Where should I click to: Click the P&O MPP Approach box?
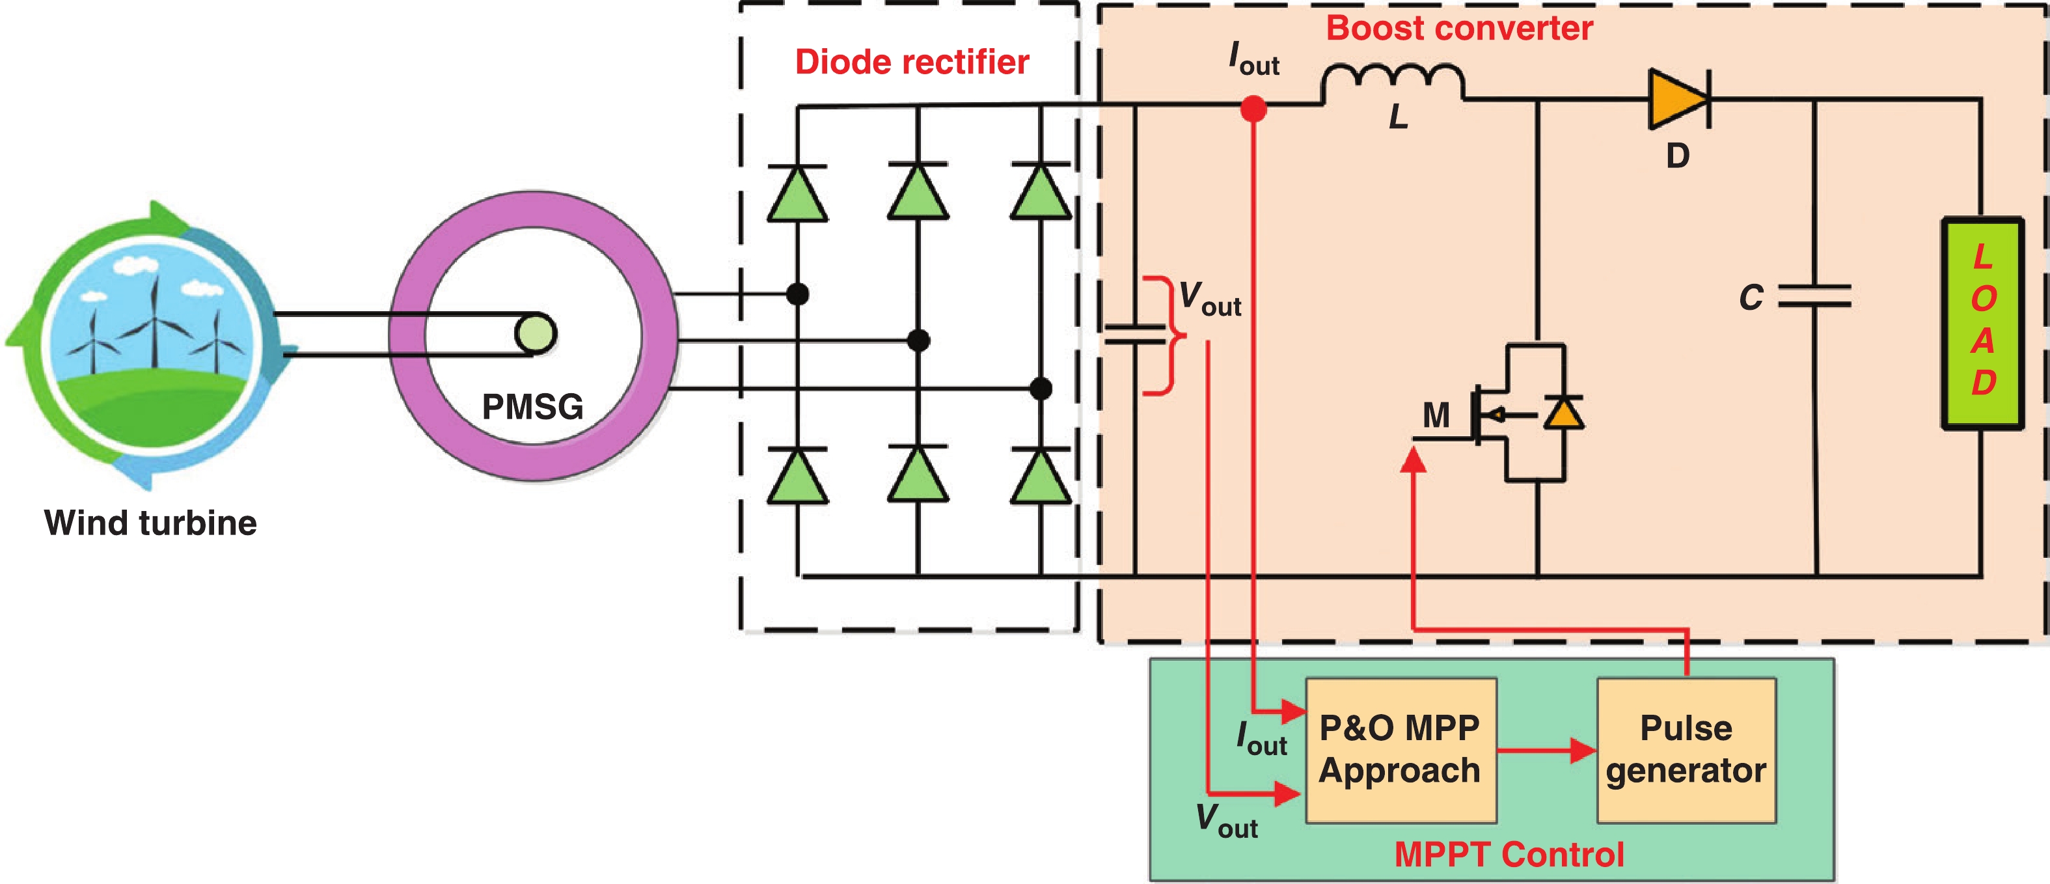tap(1401, 749)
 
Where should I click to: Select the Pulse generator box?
tap(1686, 749)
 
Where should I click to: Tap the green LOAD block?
tap(1982, 323)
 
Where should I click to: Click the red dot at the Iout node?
tap(1253, 108)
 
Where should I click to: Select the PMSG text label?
tap(532, 407)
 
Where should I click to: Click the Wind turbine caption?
tap(150, 523)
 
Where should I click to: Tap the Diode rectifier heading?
tap(912, 62)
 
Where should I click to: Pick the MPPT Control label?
tap(1509, 855)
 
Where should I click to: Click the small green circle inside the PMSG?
tap(535, 333)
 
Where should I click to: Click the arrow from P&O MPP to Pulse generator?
tap(1547, 749)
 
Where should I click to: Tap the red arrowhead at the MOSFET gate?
tap(1413, 460)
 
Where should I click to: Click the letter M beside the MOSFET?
tap(1436, 415)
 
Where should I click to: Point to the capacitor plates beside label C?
tap(1814, 296)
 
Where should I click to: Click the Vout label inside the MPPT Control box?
tap(1226, 820)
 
